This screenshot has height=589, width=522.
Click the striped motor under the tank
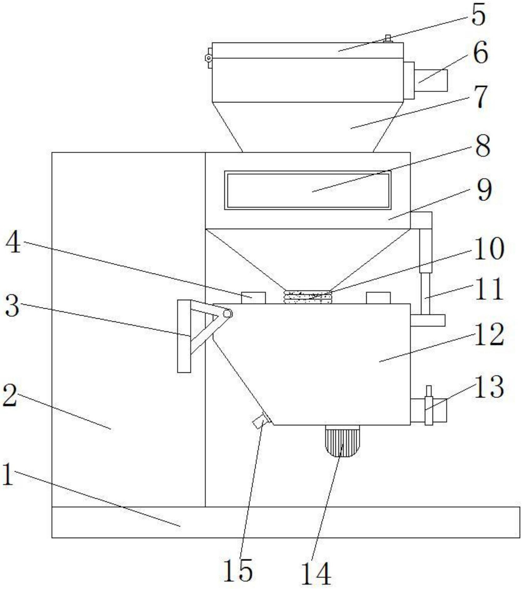click(342, 441)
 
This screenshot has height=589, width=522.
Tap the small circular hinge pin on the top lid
click(208, 58)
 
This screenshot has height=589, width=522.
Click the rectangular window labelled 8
click(308, 190)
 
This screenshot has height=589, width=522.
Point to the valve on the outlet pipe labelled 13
click(429, 405)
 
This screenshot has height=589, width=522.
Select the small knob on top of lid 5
click(388, 38)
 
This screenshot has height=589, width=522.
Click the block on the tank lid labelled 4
click(253, 298)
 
